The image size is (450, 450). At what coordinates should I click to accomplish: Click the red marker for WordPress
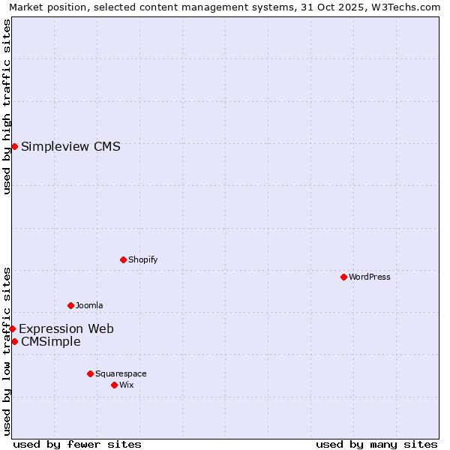click(343, 277)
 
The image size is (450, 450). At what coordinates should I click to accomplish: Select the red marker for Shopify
click(123, 259)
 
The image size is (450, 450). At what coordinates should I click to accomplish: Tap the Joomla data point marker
click(70, 305)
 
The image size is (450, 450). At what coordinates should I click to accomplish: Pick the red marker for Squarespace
click(90, 373)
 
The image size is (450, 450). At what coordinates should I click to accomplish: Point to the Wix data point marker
click(114, 385)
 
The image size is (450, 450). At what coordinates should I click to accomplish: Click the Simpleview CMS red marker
click(14, 146)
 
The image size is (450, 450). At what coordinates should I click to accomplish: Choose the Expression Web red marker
click(12, 328)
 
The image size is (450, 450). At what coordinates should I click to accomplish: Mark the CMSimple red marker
click(14, 341)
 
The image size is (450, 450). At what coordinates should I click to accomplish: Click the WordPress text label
click(370, 277)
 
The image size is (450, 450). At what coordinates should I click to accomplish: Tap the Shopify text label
click(142, 259)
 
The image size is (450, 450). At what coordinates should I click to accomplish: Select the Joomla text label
click(89, 305)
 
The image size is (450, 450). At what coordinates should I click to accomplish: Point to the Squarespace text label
click(121, 373)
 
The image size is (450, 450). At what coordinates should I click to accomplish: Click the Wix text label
click(127, 385)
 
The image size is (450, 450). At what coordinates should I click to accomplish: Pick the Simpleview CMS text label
click(70, 146)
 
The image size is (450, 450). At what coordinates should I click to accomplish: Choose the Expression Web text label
click(66, 328)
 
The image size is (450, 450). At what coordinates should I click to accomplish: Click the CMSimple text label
click(51, 342)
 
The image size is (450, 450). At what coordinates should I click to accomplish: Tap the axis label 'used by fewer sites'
click(77, 444)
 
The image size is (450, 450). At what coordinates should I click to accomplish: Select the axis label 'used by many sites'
click(376, 444)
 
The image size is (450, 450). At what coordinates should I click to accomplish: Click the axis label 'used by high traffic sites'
click(7, 106)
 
